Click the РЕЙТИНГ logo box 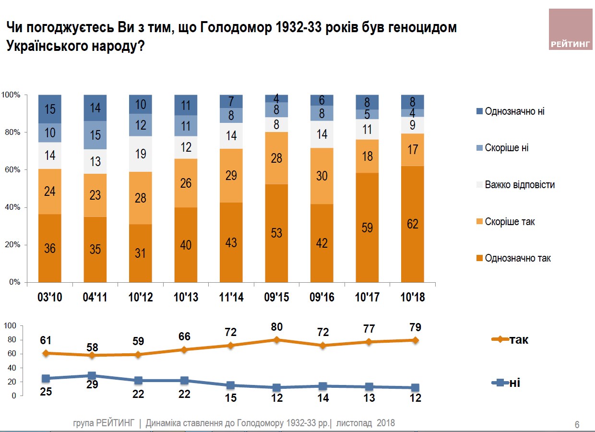[571, 29]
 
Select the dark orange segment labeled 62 [413, 224]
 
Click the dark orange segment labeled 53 [276, 233]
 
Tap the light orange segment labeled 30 [322, 176]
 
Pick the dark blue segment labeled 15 [50, 109]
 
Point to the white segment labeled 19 [141, 154]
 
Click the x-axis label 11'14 [231, 298]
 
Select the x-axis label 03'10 [50, 298]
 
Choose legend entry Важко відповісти [519, 185]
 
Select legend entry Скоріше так [510, 222]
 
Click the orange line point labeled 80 [276, 339]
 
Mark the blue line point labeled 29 [91, 375]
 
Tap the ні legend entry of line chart [507, 383]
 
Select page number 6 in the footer [577, 424]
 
